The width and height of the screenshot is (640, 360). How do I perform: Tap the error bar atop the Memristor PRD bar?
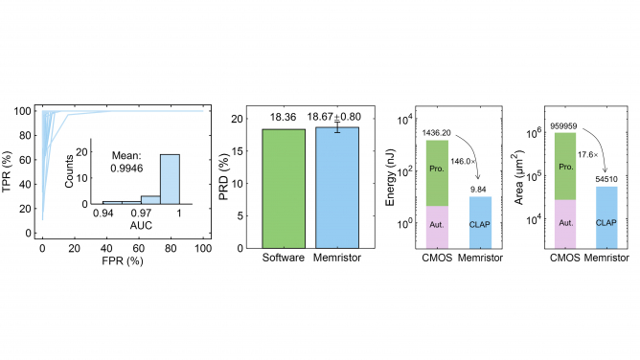click(336, 127)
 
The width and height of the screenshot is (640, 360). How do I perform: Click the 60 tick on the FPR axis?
click(138, 249)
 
